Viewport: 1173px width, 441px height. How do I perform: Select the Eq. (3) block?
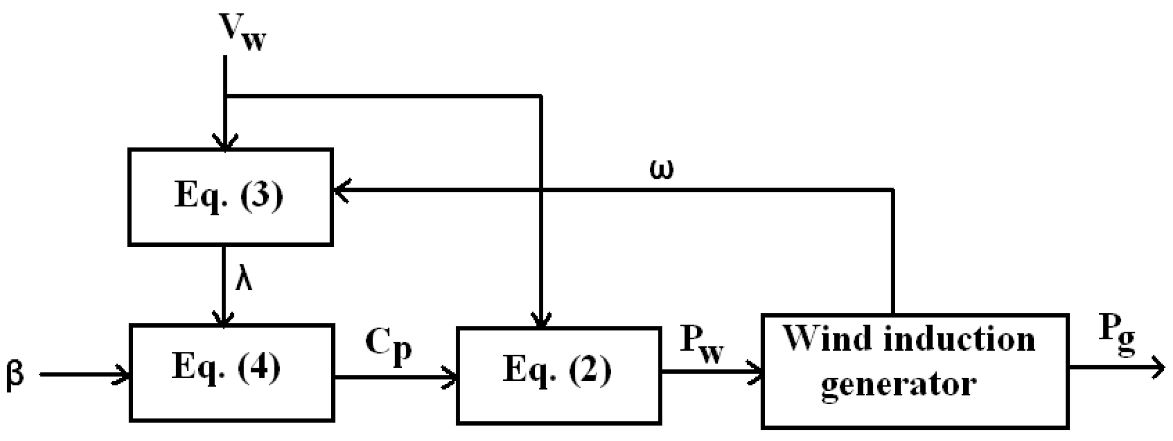click(x=230, y=197)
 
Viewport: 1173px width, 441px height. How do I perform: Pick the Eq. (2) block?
click(x=558, y=375)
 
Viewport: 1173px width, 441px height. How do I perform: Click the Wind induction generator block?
click(x=914, y=371)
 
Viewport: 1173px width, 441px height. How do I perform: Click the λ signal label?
click(x=244, y=279)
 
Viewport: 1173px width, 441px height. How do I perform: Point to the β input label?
click(x=15, y=374)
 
